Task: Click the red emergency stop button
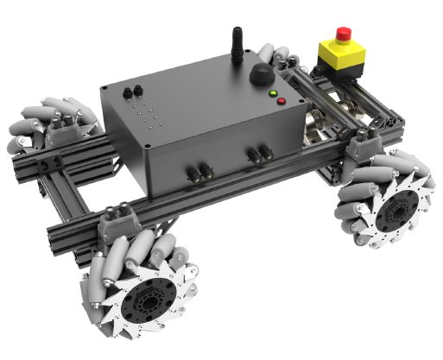pos(343,35)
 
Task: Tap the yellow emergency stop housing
pos(341,56)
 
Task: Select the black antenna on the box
pos(235,44)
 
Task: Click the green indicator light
pos(273,92)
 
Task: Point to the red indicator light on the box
pos(282,101)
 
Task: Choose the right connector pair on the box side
pos(258,155)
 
